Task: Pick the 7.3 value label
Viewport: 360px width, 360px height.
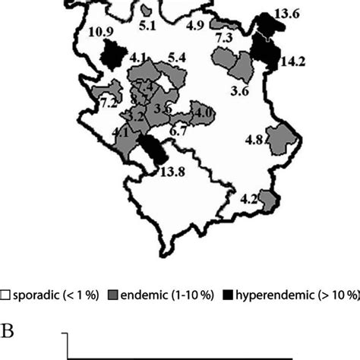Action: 224,37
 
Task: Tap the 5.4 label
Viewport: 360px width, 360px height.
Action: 178,57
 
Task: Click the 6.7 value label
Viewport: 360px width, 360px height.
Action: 180,131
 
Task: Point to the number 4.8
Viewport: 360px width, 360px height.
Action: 254,141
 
